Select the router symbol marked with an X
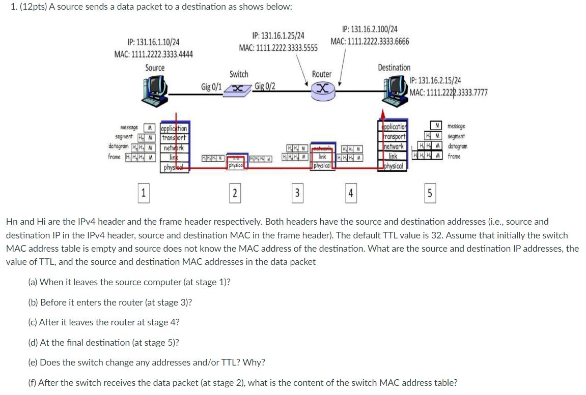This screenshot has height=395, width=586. (x=322, y=89)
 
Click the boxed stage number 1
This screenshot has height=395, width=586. (x=144, y=193)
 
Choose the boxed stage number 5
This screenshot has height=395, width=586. (x=429, y=193)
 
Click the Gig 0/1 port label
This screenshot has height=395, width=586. (x=211, y=86)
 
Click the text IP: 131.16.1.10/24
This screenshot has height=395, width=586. (x=153, y=43)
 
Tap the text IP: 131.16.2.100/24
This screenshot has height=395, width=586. (x=370, y=29)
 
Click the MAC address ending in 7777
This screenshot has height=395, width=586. (x=449, y=92)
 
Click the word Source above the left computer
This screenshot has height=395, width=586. (x=155, y=68)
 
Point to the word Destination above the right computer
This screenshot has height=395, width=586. (x=394, y=68)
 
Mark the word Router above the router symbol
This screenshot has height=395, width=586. (x=321, y=74)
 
